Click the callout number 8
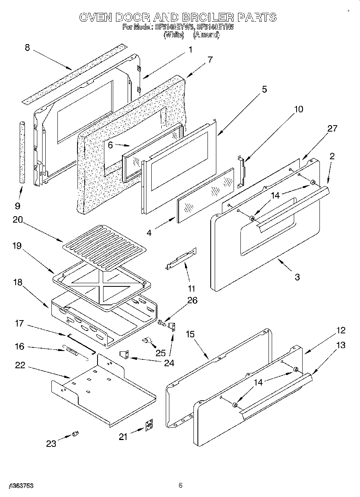(x=27, y=48)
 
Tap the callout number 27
(x=332, y=128)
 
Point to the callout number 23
(x=51, y=443)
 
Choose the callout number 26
(x=193, y=300)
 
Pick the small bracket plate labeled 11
(x=182, y=258)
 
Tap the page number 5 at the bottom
(x=180, y=485)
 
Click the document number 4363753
(x=19, y=485)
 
